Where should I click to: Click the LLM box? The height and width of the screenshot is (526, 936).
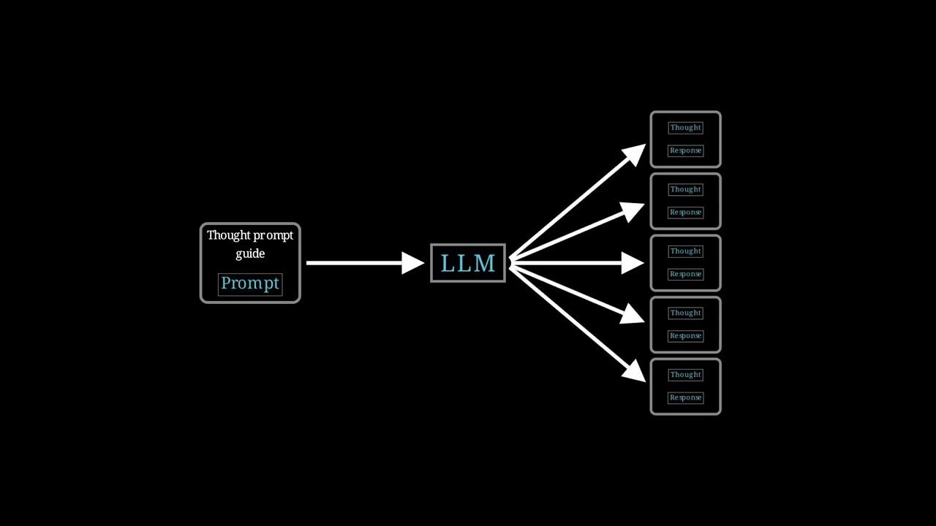coord(468,263)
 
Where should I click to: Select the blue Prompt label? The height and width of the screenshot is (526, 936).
coord(250,284)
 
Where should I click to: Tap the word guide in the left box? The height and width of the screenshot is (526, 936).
coord(250,254)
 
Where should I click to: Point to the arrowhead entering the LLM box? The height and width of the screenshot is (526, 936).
coord(413,263)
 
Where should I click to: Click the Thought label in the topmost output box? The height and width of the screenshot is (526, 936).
coord(686,128)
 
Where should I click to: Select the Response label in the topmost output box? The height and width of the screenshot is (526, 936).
coord(686,150)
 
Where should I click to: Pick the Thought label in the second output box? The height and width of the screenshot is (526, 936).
coord(686,189)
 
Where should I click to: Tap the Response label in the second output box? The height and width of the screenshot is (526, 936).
coord(686,213)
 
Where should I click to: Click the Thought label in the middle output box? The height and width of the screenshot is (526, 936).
coord(686,251)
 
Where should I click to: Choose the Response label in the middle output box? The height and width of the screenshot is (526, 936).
coord(686,274)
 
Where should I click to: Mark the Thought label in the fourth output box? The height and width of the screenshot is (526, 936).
coord(686,313)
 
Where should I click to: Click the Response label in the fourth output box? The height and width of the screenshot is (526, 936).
coord(686,336)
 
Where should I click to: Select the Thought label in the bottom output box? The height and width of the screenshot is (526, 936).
coord(686,375)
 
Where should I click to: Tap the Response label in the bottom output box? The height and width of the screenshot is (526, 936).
coord(686,398)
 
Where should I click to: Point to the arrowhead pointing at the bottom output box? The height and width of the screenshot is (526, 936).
coord(634,371)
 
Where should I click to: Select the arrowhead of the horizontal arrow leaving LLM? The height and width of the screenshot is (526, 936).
coord(633,263)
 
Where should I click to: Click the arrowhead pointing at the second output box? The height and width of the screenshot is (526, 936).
coord(633,211)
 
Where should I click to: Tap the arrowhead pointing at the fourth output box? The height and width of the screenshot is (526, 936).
coord(633,314)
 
